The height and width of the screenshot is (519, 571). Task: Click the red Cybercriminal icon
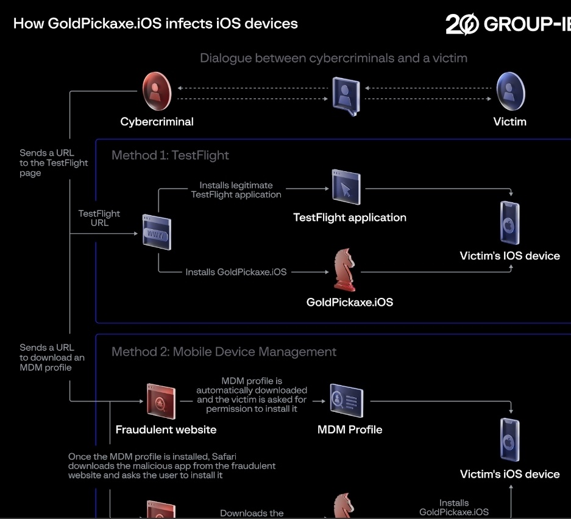157,91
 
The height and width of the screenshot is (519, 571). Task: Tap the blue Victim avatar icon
511,91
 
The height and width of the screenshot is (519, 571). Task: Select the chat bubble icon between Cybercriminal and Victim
346,96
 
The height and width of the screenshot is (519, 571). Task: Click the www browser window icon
157,232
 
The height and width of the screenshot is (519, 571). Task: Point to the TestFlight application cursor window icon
346,187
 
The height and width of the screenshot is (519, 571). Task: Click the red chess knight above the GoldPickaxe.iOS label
344,270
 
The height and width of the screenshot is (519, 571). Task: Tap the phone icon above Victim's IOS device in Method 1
510,222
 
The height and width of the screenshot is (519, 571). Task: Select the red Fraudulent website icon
161,401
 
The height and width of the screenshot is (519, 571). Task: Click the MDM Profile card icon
346,400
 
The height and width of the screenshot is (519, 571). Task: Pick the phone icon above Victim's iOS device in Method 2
510,440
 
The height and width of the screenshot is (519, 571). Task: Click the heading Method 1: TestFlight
170,155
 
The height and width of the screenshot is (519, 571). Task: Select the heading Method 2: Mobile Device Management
224,351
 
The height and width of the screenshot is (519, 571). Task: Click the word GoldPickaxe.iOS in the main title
105,24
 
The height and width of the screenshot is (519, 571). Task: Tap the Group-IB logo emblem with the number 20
462,24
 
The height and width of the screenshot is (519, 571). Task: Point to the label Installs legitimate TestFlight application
236,190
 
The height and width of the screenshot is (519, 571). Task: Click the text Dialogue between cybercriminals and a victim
333,58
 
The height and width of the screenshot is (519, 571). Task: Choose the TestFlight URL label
99,218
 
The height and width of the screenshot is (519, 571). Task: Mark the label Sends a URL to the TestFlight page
54,163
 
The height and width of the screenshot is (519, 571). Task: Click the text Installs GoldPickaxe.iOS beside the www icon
236,272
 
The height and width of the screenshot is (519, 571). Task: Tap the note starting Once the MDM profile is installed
171,466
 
